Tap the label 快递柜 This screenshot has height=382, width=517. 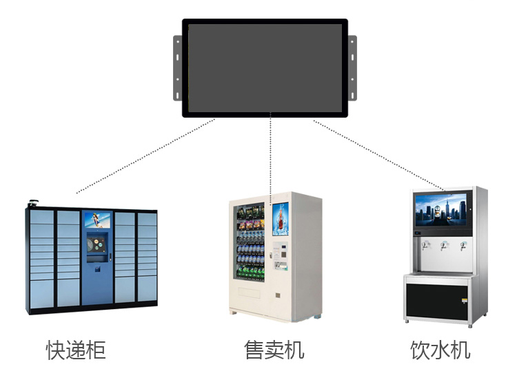[x=77, y=350]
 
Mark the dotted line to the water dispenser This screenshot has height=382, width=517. [x=379, y=155]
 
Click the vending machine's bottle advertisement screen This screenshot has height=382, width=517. [x=281, y=219]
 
